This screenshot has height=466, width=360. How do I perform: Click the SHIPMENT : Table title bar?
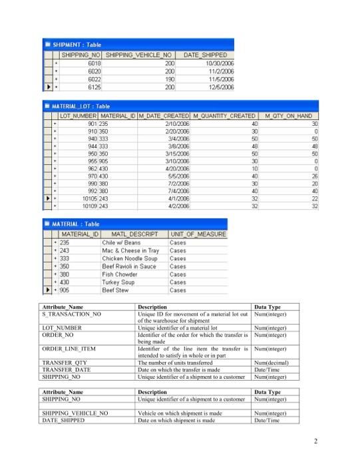pos(87,44)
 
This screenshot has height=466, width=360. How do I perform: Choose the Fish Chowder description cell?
pos(120,274)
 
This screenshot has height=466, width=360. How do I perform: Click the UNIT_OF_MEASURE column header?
pos(198,234)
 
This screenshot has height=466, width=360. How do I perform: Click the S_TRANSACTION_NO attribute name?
pos(72,313)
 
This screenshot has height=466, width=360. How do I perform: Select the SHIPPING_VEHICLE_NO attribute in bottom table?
pos(75,413)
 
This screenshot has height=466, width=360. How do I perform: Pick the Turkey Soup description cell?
pos(117,282)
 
